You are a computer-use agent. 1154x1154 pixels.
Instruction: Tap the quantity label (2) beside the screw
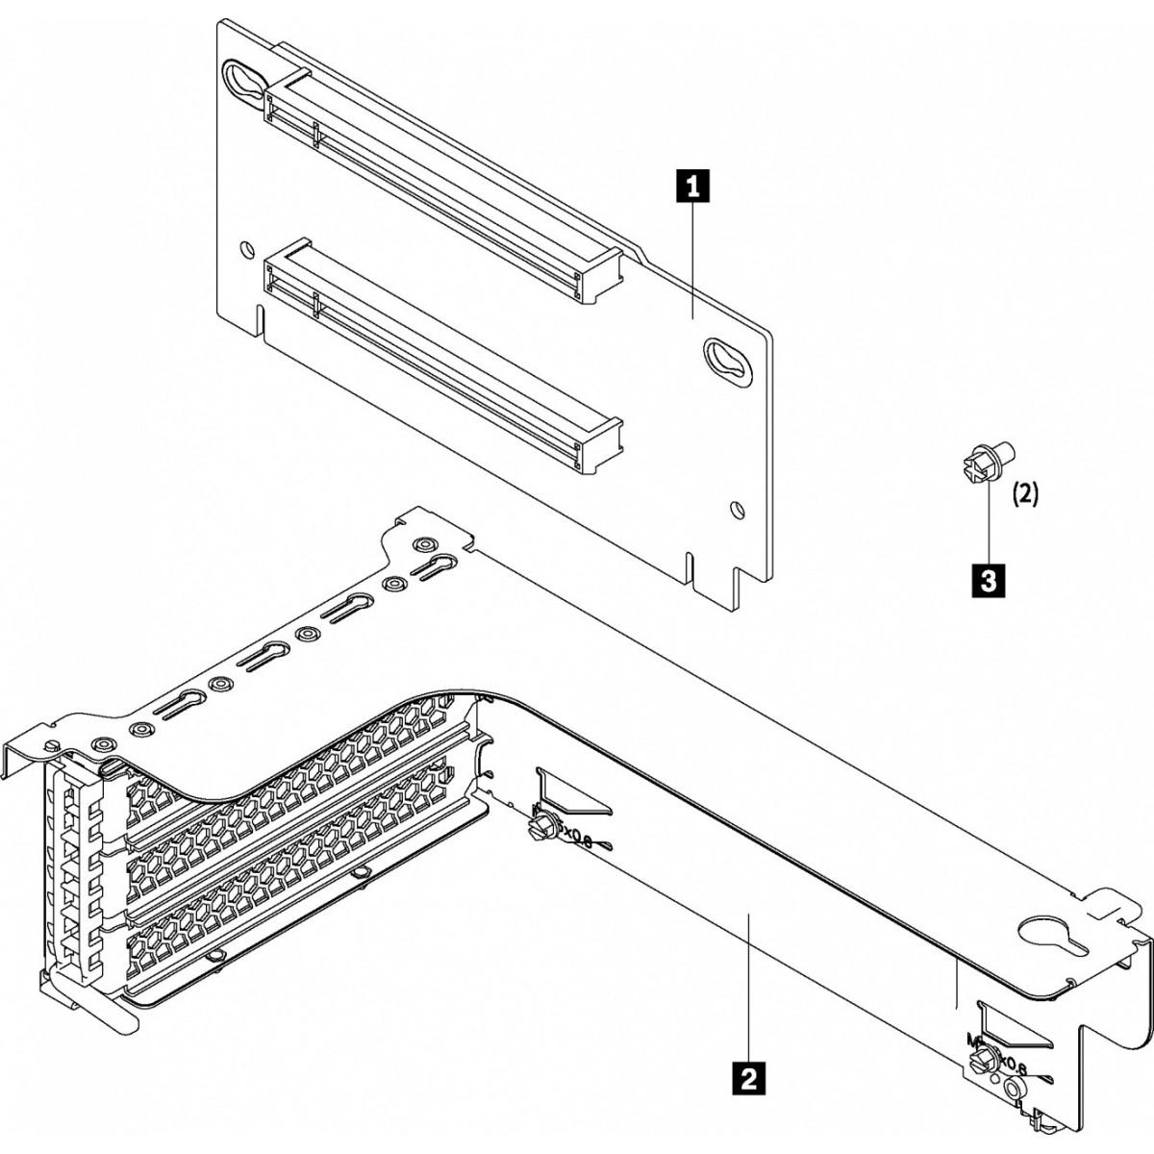pos(1026,494)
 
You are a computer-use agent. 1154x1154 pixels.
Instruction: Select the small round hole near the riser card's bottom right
pos(736,509)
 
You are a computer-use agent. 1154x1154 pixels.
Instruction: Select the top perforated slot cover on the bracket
pos(288,760)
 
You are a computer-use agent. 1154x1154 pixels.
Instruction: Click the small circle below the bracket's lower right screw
pos(1014,1088)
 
